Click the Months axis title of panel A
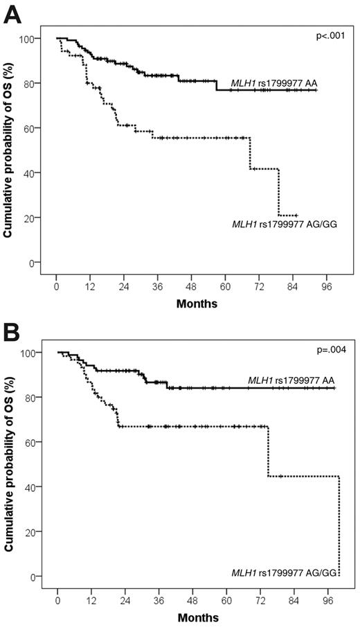pos(197,303)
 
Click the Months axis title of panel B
pos(197,617)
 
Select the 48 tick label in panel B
pos(197,597)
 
